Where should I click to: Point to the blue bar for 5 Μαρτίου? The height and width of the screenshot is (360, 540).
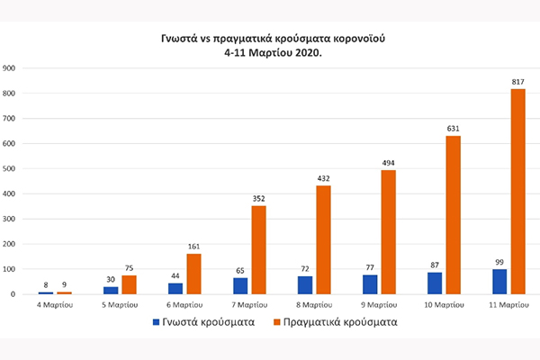pyautogui.click(x=110, y=290)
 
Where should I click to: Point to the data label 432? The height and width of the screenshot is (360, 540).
pyautogui.click(x=323, y=177)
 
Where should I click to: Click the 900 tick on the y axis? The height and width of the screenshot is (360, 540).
pyautogui.click(x=10, y=68)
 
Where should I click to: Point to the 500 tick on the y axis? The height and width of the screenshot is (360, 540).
pyautogui.click(x=10, y=168)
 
